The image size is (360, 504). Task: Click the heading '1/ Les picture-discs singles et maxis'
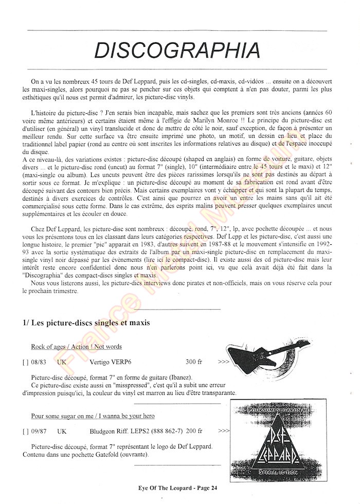[86, 323]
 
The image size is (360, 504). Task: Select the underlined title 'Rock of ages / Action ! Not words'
[76, 347]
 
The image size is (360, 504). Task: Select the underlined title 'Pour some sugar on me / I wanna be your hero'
[93, 416]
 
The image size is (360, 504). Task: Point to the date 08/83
[38, 362]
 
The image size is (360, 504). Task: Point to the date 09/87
[38, 431]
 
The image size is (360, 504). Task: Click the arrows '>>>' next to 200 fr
[224, 431]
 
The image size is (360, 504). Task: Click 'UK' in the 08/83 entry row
[62, 362]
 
